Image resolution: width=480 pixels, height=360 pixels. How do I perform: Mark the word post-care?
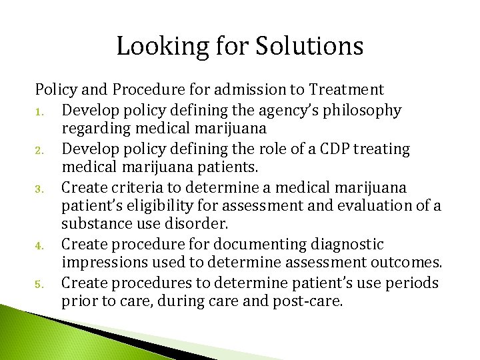pyautogui.click(x=308, y=302)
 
